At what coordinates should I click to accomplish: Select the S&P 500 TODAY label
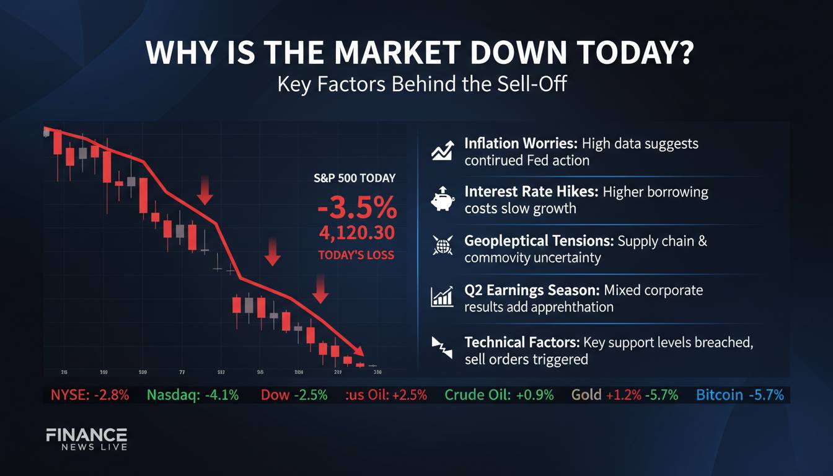pyautogui.click(x=355, y=178)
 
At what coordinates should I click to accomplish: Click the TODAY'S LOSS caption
pyautogui.click(x=356, y=255)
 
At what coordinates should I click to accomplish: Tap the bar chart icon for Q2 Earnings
pyautogui.click(x=442, y=297)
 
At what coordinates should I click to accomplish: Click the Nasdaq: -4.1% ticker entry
pyautogui.click(x=193, y=395)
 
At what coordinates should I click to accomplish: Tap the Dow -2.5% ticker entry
pyautogui.click(x=294, y=395)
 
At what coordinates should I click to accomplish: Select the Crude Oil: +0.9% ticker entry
pyautogui.click(x=499, y=395)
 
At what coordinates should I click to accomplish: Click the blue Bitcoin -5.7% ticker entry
pyautogui.click(x=740, y=395)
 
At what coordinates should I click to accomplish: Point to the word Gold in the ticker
pyautogui.click(x=586, y=395)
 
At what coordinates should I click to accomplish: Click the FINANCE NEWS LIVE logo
pyautogui.click(x=87, y=439)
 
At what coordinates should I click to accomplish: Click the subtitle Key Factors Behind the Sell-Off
pyautogui.click(x=421, y=84)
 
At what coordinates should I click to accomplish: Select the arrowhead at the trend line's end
pyautogui.click(x=358, y=350)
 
